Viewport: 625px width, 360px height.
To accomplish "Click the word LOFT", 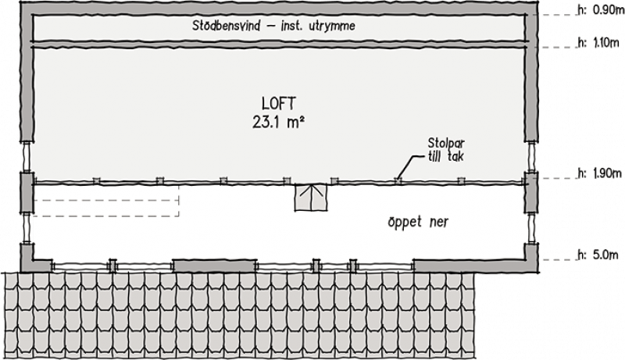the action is pyautogui.click(x=279, y=104).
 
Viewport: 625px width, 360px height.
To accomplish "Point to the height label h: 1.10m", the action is pyautogui.click(x=598, y=43).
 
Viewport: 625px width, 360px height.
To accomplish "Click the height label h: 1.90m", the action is pyautogui.click(x=600, y=173).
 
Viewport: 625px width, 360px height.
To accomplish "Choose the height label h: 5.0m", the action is pyautogui.click(x=598, y=255).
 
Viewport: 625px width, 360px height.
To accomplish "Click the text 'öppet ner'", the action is pyautogui.click(x=418, y=223).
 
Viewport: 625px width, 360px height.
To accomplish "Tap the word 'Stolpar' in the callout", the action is pyautogui.click(x=446, y=143).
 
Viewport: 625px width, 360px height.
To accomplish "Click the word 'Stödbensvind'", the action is pyautogui.click(x=227, y=26).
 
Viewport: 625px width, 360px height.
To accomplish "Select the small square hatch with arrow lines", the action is pyautogui.click(x=310, y=197).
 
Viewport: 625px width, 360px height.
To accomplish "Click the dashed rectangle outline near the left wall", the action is pyautogui.click(x=105, y=201).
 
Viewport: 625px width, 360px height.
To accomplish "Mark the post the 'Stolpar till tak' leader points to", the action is pyautogui.click(x=398, y=181).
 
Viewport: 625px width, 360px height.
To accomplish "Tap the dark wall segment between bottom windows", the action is pyautogui.click(x=214, y=266).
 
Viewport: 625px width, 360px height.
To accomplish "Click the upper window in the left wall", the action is pyautogui.click(x=27, y=156).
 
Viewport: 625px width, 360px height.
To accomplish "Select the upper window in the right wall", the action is pyautogui.click(x=531, y=156).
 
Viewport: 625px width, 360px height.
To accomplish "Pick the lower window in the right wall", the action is pyautogui.click(x=531, y=228).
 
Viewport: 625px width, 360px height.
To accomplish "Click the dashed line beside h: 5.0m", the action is pyautogui.click(x=559, y=260).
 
